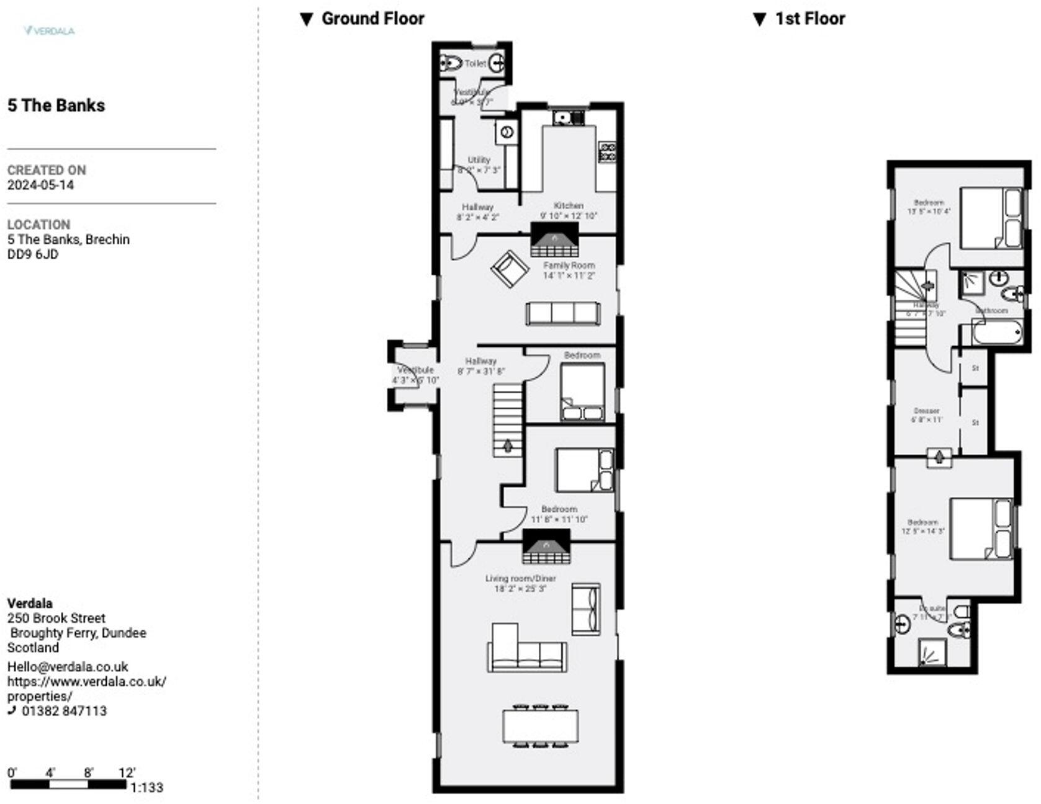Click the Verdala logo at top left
pyautogui.click(x=49, y=30)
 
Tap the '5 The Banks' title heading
pyautogui.click(x=56, y=105)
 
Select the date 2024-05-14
pyautogui.click(x=40, y=185)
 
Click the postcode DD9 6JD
pyautogui.click(x=32, y=254)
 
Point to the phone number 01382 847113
pyautogui.click(x=64, y=711)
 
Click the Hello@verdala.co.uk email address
pyautogui.click(x=68, y=667)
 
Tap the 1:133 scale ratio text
pyautogui.click(x=147, y=787)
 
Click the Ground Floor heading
pyautogui.click(x=372, y=19)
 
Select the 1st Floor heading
pyautogui.click(x=809, y=19)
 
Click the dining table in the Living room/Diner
pyautogui.click(x=540, y=726)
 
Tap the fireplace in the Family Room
pyautogui.click(x=554, y=240)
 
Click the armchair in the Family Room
pyautogui.click(x=510, y=269)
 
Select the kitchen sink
pyautogui.click(x=567, y=117)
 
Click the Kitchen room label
pyautogui.click(x=568, y=205)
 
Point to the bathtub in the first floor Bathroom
pyautogui.click(x=997, y=333)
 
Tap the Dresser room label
pyautogui.click(x=926, y=411)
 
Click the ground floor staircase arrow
pyautogui.click(x=508, y=445)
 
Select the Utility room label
pyautogui.click(x=479, y=160)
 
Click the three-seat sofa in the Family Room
pyautogui.click(x=562, y=313)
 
